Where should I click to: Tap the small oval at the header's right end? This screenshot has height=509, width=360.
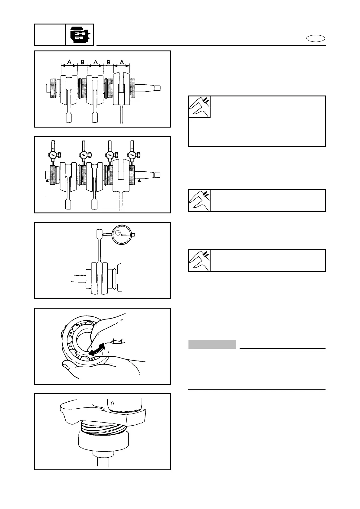coord(316,39)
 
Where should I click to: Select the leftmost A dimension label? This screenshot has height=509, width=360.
coord(69,62)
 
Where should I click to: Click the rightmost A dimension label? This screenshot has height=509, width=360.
coord(122,62)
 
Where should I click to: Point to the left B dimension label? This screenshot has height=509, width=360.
coord(82,62)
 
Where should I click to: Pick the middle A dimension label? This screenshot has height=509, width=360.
coord(96,62)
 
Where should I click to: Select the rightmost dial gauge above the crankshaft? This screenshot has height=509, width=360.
coord(132,155)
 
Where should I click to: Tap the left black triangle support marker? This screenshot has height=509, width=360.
coord(47,180)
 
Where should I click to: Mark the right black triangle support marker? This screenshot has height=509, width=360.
coord(139,180)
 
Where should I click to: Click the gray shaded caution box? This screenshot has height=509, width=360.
coord(212,344)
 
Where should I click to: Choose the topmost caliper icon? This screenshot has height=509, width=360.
coord(199,107)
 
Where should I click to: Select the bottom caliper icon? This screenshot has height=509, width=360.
coord(199,261)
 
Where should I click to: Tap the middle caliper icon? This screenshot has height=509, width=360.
coord(199,200)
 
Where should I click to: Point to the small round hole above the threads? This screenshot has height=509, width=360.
coord(112,403)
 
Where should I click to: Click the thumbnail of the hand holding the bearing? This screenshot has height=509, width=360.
coord(103,346)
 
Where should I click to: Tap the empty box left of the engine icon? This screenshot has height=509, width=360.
coord(50,35)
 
